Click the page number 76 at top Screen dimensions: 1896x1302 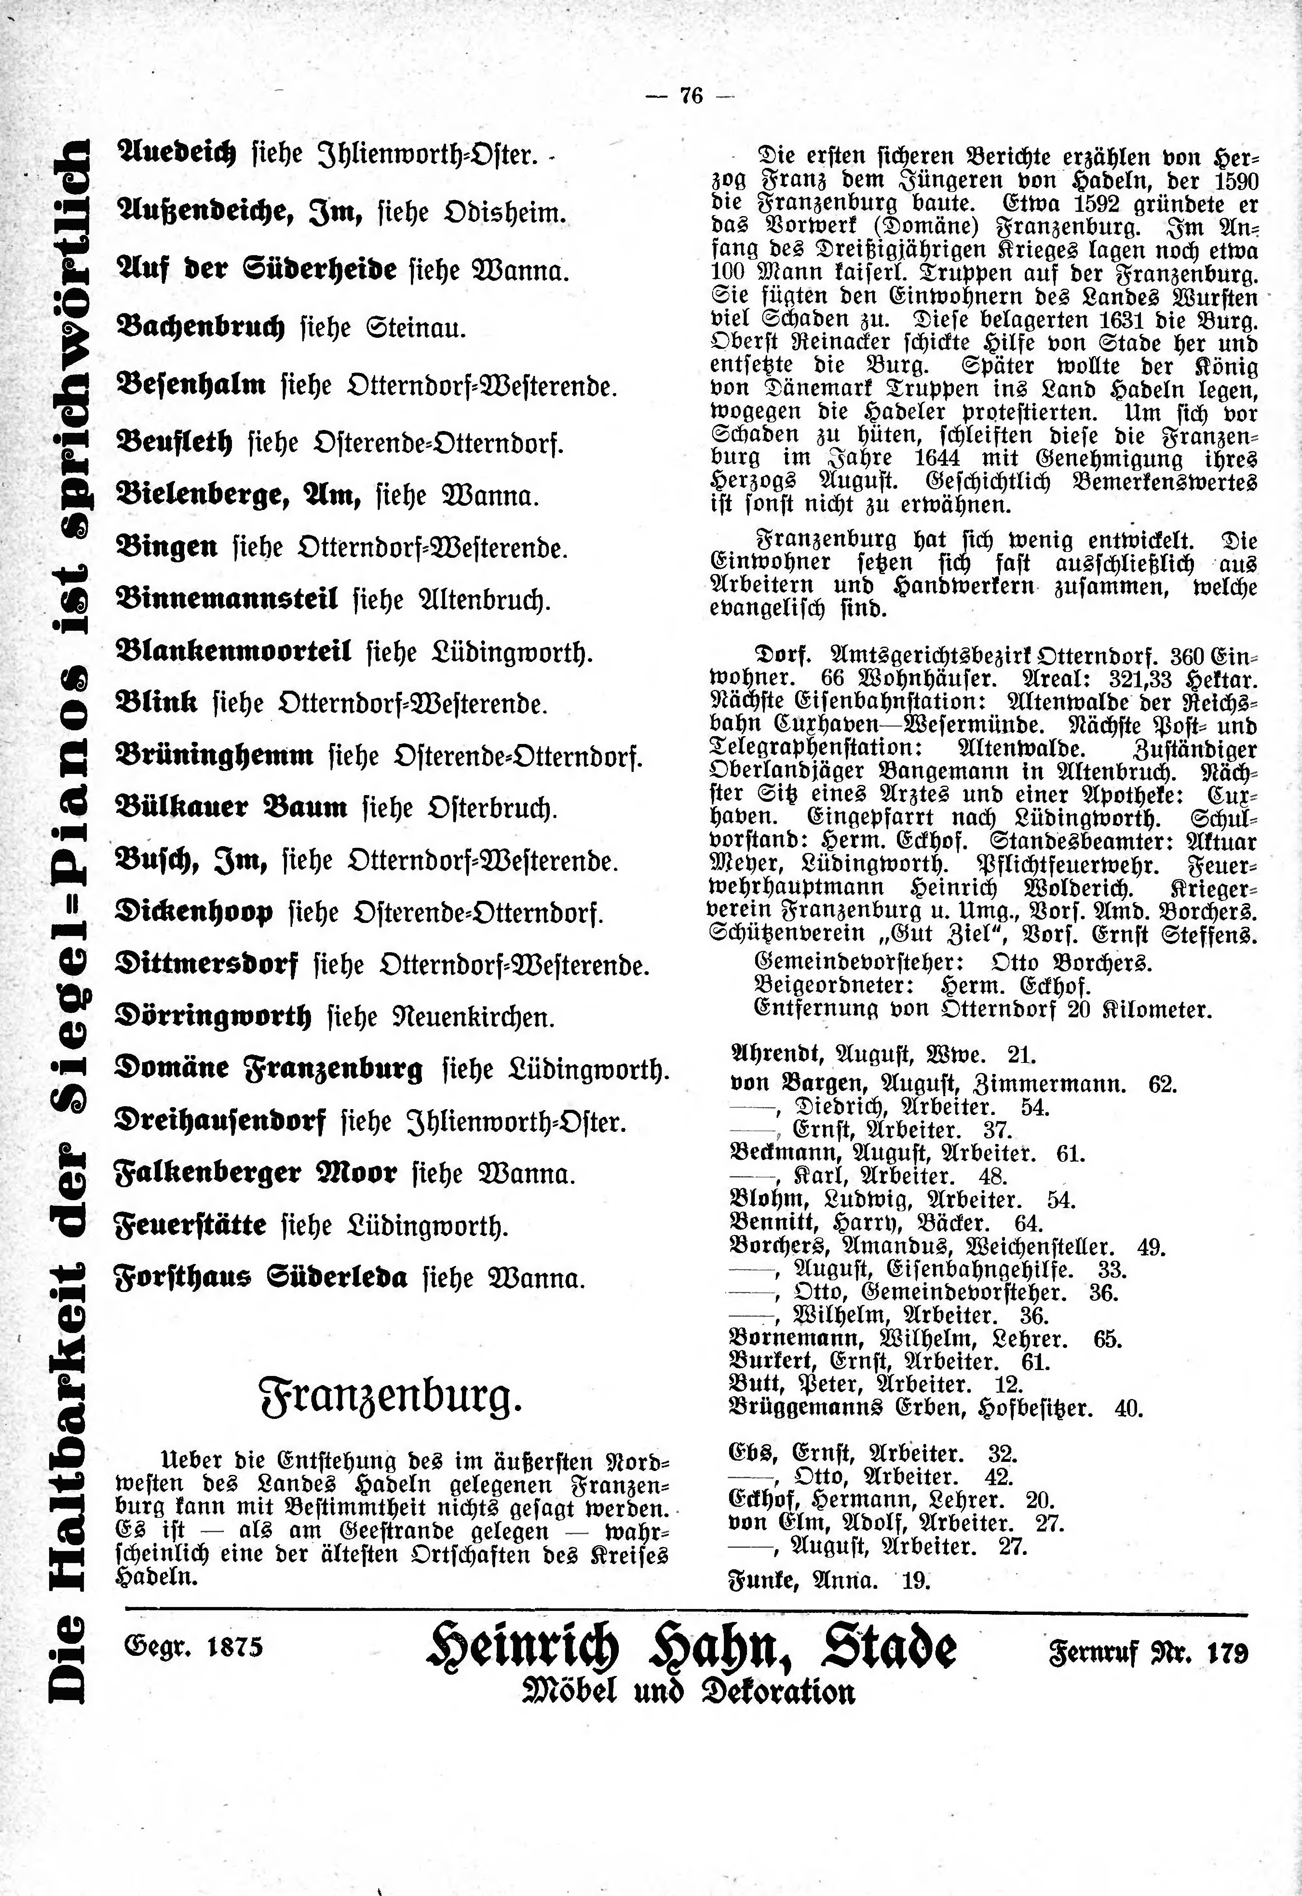coord(690,96)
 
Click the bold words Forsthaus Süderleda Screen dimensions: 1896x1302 coord(261,1277)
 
